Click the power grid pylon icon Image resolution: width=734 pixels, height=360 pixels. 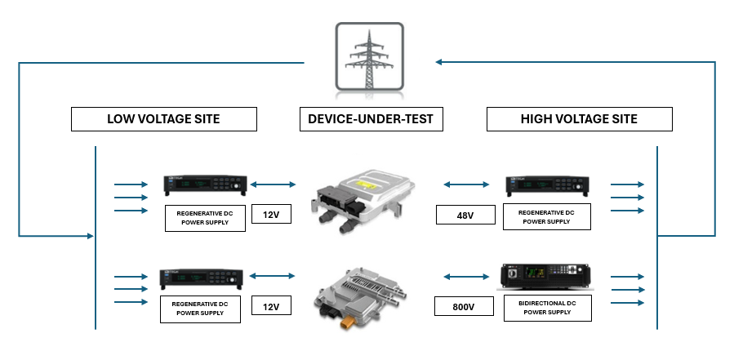[x=368, y=56]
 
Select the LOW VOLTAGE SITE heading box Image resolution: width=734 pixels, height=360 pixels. [x=163, y=119]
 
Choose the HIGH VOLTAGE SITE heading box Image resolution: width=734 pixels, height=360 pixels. [x=579, y=119]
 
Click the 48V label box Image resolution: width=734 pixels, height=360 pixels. [x=465, y=216]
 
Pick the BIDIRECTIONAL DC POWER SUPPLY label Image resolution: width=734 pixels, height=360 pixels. [x=547, y=307]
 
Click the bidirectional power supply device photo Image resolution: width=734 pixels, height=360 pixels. [x=545, y=277]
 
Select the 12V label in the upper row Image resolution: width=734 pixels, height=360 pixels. [x=271, y=216]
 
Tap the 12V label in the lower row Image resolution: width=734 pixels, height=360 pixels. [x=271, y=307]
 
